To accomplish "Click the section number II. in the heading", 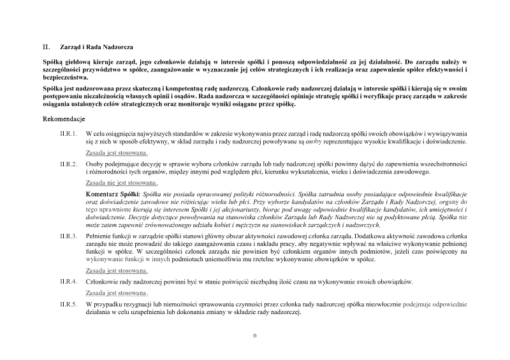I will (46, 47).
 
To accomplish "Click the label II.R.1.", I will (68, 134).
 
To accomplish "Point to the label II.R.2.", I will (68, 164).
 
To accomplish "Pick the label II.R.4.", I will (68, 281).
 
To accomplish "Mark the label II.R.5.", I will (68, 305).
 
